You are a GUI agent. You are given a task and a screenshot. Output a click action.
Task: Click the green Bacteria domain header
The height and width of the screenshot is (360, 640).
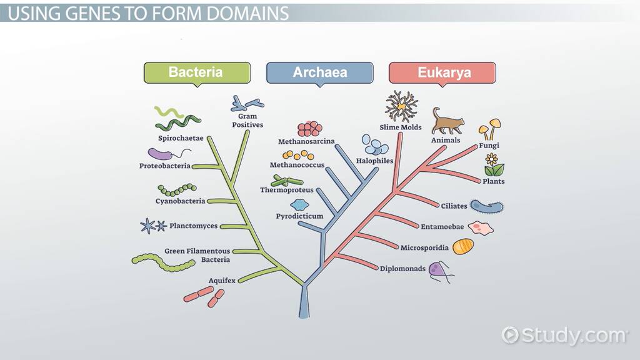[x=196, y=72]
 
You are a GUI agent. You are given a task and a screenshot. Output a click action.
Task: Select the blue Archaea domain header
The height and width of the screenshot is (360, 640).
[x=319, y=72]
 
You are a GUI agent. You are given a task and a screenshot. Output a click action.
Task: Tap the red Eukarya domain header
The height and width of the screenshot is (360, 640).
[x=444, y=72]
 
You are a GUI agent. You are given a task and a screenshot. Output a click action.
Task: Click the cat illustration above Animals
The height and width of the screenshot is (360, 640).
[x=447, y=121]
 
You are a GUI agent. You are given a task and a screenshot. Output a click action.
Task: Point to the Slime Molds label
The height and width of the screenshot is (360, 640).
[x=400, y=127]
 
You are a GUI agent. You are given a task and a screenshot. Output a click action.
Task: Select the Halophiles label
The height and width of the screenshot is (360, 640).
[x=374, y=161]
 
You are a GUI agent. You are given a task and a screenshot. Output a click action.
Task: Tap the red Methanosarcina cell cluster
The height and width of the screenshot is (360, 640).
[x=309, y=129]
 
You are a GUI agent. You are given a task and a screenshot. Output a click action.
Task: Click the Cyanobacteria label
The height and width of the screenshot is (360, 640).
[x=180, y=201]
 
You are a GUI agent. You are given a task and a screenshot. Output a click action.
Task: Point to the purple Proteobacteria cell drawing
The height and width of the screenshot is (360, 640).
[x=160, y=154]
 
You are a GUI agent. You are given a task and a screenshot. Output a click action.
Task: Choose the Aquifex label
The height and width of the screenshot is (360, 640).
[x=222, y=281]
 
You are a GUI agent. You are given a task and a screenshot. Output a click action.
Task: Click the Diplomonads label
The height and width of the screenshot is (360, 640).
[x=402, y=269]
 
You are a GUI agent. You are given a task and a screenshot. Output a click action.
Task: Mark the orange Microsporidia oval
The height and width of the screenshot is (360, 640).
[x=463, y=246]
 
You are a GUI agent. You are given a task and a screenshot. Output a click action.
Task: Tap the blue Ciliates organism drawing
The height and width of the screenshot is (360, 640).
[x=487, y=206]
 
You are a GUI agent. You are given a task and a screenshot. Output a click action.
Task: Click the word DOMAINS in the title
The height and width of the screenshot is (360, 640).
[x=247, y=13]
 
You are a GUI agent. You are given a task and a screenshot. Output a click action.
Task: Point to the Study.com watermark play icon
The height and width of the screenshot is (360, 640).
[x=510, y=335]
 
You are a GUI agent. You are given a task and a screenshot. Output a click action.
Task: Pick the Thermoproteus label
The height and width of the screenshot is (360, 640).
[x=287, y=190]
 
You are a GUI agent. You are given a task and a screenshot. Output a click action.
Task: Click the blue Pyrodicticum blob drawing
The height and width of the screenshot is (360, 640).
[x=300, y=204]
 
